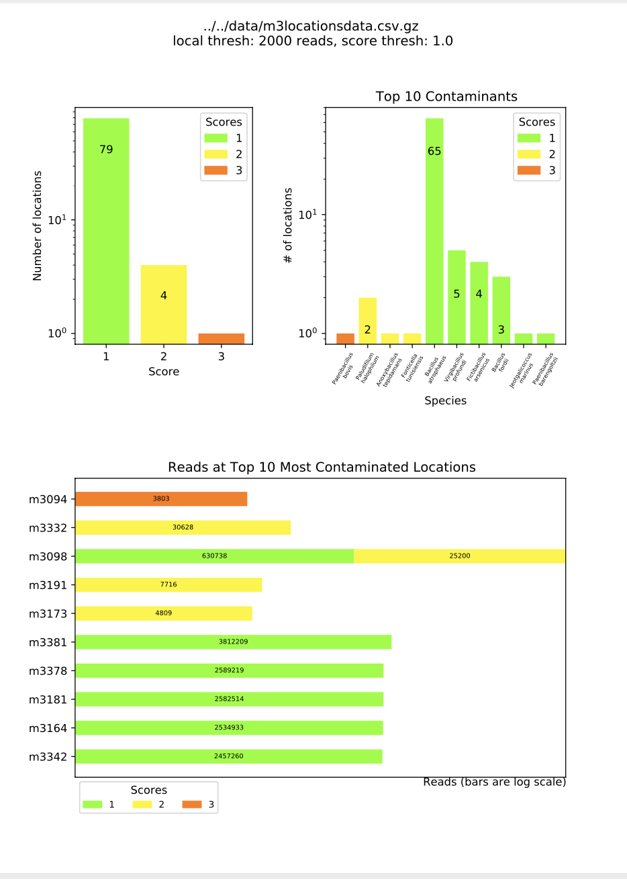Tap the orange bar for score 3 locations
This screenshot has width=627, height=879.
click(221, 338)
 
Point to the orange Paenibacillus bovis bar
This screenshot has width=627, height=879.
click(345, 338)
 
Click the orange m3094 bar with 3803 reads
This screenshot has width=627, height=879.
click(161, 499)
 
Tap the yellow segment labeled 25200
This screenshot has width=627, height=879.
click(459, 556)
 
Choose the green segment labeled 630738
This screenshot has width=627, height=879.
click(214, 556)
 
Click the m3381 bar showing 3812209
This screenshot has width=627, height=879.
click(233, 642)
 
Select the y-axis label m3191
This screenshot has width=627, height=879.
click(48, 585)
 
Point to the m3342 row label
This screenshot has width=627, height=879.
click(48, 757)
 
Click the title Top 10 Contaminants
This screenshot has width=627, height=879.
click(446, 97)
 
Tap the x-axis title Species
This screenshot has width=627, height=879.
click(445, 401)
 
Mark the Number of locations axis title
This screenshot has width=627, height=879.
click(38, 225)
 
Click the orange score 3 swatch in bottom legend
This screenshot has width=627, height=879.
click(192, 804)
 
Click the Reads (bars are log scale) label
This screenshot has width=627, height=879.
click(494, 782)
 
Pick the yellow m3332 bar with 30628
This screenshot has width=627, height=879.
click(183, 527)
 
